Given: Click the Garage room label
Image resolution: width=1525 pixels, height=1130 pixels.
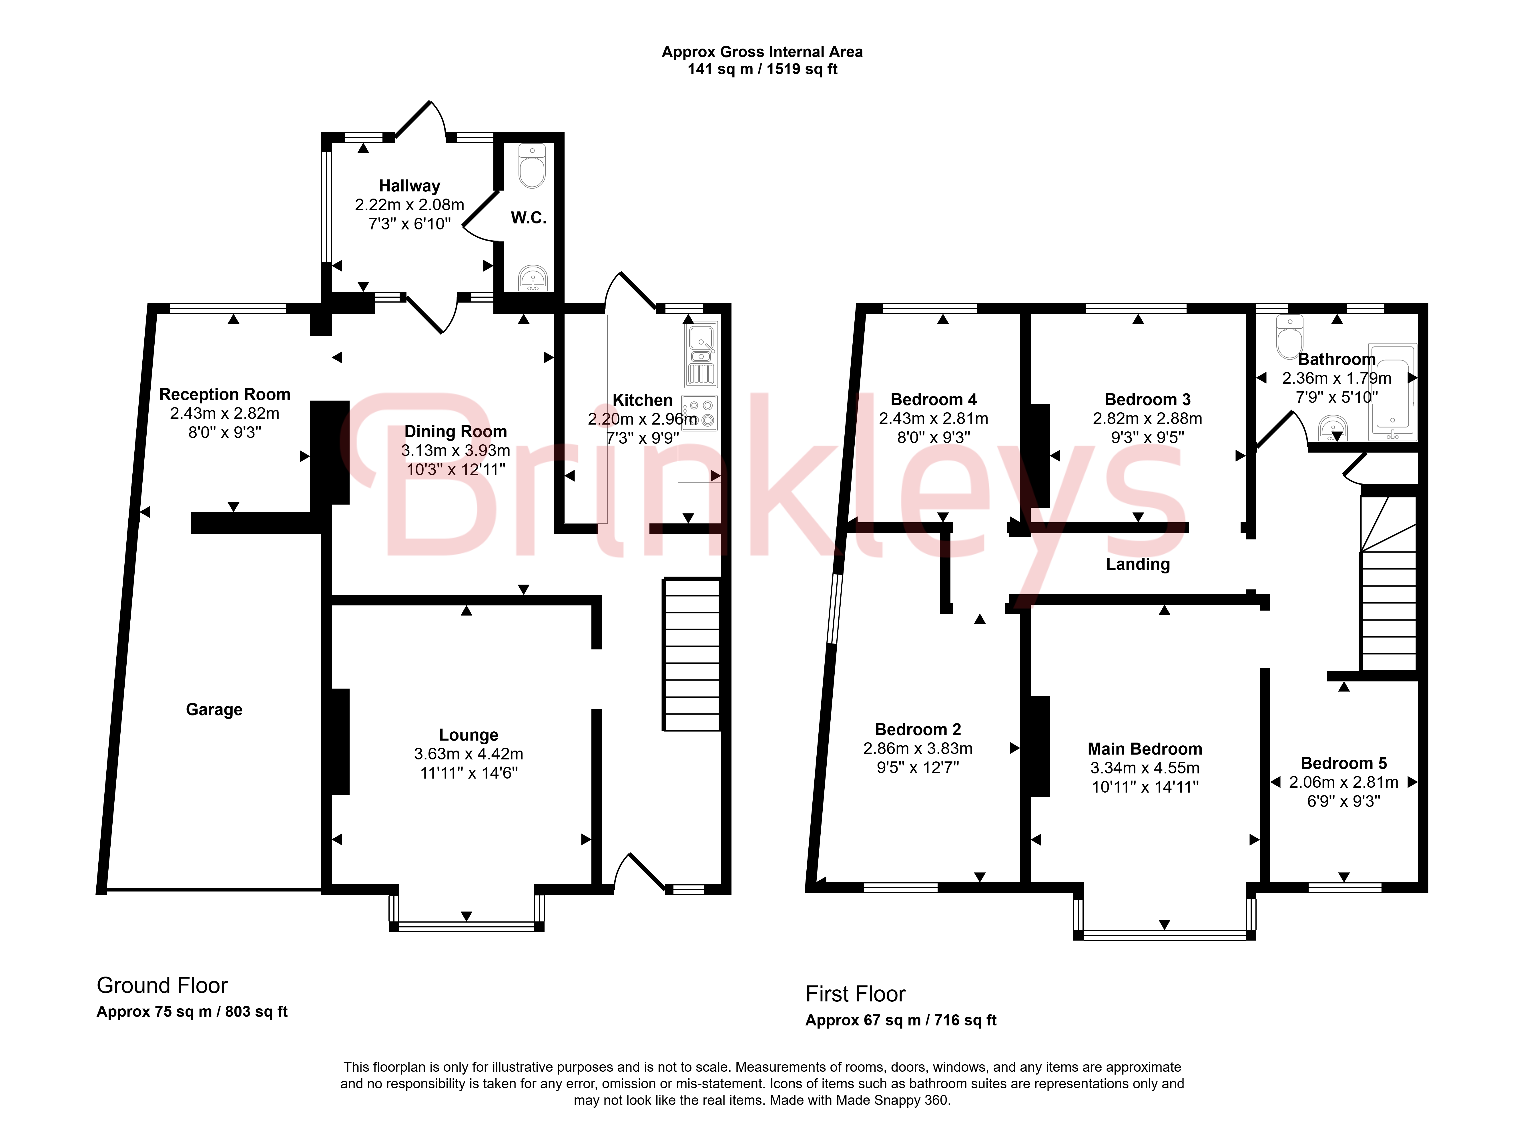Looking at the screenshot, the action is (x=214, y=710).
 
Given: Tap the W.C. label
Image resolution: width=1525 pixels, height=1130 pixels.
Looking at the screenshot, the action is (x=529, y=218).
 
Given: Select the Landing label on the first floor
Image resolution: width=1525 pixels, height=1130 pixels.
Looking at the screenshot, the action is (x=1138, y=564).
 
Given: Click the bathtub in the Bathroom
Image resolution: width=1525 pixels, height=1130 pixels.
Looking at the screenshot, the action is (x=1392, y=391).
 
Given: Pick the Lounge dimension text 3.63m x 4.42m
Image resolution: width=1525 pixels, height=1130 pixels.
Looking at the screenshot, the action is (x=469, y=754).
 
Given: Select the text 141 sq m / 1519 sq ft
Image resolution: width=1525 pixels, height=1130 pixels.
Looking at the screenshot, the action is (x=762, y=69).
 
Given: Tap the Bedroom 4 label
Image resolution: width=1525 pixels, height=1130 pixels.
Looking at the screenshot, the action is (x=934, y=399).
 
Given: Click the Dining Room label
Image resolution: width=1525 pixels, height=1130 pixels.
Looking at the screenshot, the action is (x=456, y=432).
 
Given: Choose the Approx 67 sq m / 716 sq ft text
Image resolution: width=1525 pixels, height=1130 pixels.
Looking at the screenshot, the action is (x=901, y=1021).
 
